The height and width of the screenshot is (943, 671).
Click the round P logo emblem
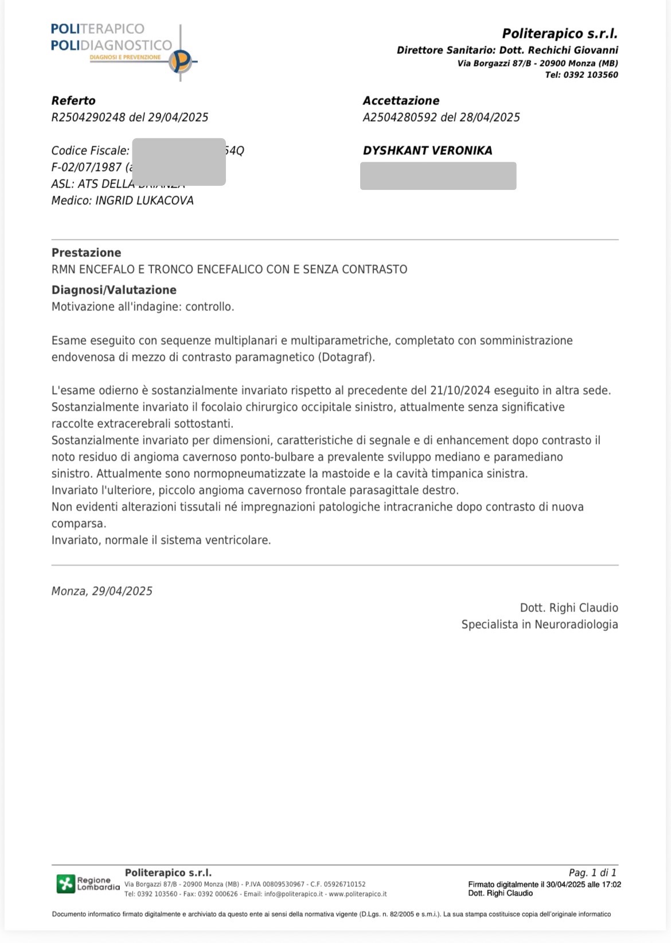click(x=181, y=61)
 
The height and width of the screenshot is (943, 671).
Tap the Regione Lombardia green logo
click(x=65, y=884)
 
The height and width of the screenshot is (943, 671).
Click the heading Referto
click(x=73, y=101)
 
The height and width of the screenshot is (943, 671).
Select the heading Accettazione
click(x=401, y=101)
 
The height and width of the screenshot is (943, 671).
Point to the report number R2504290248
click(x=88, y=118)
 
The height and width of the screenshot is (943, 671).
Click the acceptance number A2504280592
click(x=400, y=118)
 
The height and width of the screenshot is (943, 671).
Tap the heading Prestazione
click(x=86, y=253)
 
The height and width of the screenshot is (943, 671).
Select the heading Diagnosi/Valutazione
click(x=114, y=290)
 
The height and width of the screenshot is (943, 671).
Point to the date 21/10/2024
click(x=459, y=391)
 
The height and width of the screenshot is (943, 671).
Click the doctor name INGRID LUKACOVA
click(x=145, y=201)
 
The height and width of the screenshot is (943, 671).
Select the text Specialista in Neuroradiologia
click(x=539, y=625)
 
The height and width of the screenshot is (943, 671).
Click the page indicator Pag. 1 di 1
click(x=592, y=872)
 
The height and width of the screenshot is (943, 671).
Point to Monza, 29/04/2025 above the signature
click(x=102, y=591)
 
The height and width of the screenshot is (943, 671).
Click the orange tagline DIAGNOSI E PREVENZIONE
click(x=125, y=57)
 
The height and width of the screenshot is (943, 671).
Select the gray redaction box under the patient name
click(x=438, y=176)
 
